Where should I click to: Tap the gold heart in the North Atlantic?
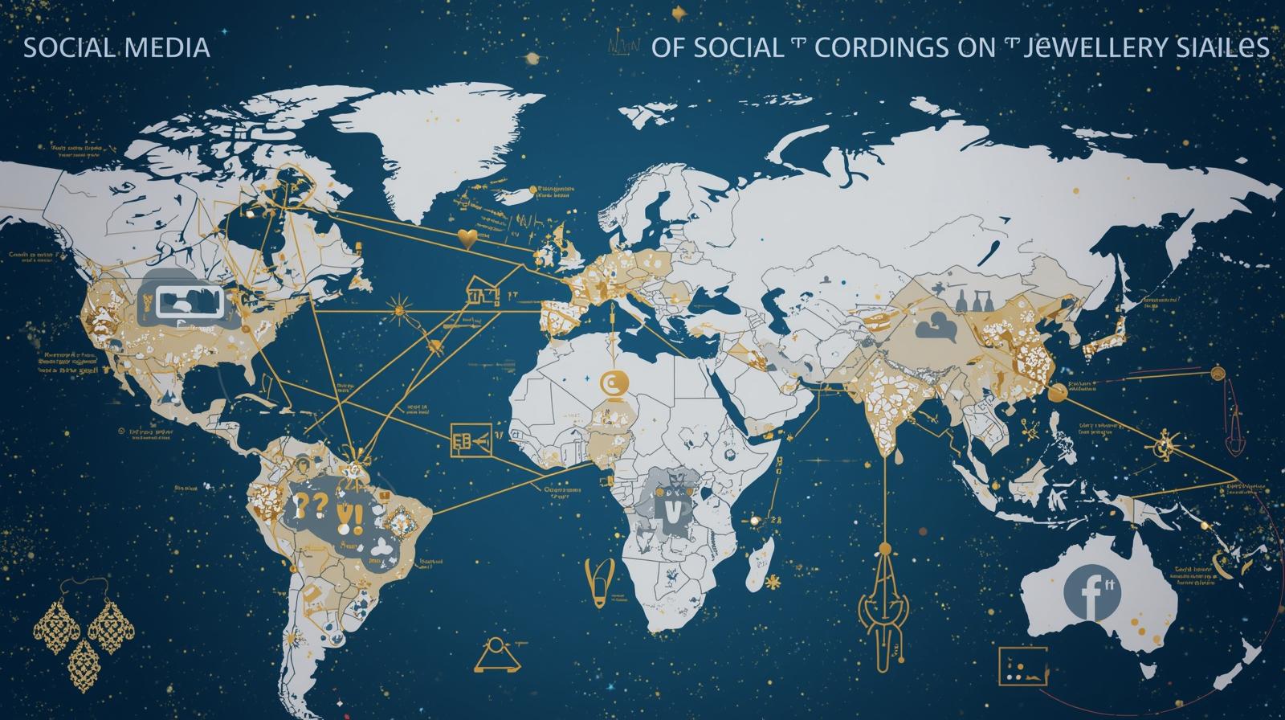coord(466,237)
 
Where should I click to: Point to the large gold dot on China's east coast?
coord(1057,392)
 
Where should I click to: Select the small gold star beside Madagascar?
coord(773,581)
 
